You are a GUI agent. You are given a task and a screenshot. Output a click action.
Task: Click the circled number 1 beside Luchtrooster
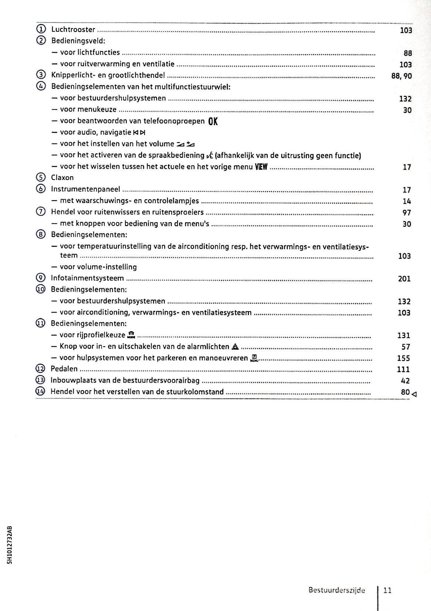click(x=41, y=30)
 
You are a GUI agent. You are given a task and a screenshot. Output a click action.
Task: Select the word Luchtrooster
click(x=73, y=30)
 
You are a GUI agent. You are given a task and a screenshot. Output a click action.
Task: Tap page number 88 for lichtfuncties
click(x=408, y=53)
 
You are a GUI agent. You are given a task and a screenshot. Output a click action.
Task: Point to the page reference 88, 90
click(x=401, y=76)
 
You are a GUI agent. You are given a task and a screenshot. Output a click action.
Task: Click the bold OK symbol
click(x=213, y=121)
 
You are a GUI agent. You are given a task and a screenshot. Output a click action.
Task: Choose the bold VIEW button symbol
click(x=261, y=167)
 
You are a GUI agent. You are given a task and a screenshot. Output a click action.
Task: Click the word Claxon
click(x=62, y=178)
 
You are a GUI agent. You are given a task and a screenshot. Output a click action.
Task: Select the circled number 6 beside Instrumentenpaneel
click(x=41, y=189)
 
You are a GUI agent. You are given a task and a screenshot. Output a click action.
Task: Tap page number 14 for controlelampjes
click(x=407, y=201)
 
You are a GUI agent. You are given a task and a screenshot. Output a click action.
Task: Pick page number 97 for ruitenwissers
click(x=407, y=213)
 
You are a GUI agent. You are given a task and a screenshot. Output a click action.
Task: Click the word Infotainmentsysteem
click(x=87, y=278)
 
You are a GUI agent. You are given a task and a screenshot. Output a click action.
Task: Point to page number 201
click(x=404, y=279)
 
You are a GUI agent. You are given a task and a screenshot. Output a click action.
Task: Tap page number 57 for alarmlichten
click(x=406, y=347)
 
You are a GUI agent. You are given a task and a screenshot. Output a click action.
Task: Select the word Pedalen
click(x=64, y=369)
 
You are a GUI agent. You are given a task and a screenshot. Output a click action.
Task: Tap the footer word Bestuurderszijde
click(x=337, y=591)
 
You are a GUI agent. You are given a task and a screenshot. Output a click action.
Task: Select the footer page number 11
click(x=388, y=591)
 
